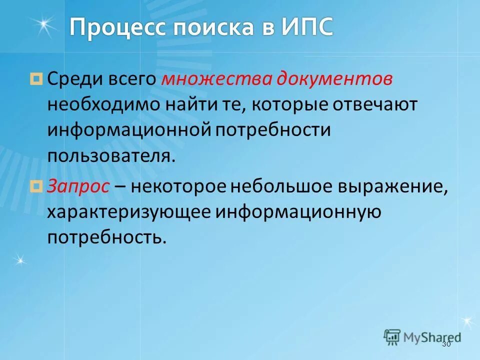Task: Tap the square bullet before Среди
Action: tap(36, 78)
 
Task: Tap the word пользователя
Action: tap(111, 156)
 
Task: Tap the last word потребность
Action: tap(106, 237)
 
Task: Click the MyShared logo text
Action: tap(430, 336)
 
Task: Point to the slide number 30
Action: tap(446, 344)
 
